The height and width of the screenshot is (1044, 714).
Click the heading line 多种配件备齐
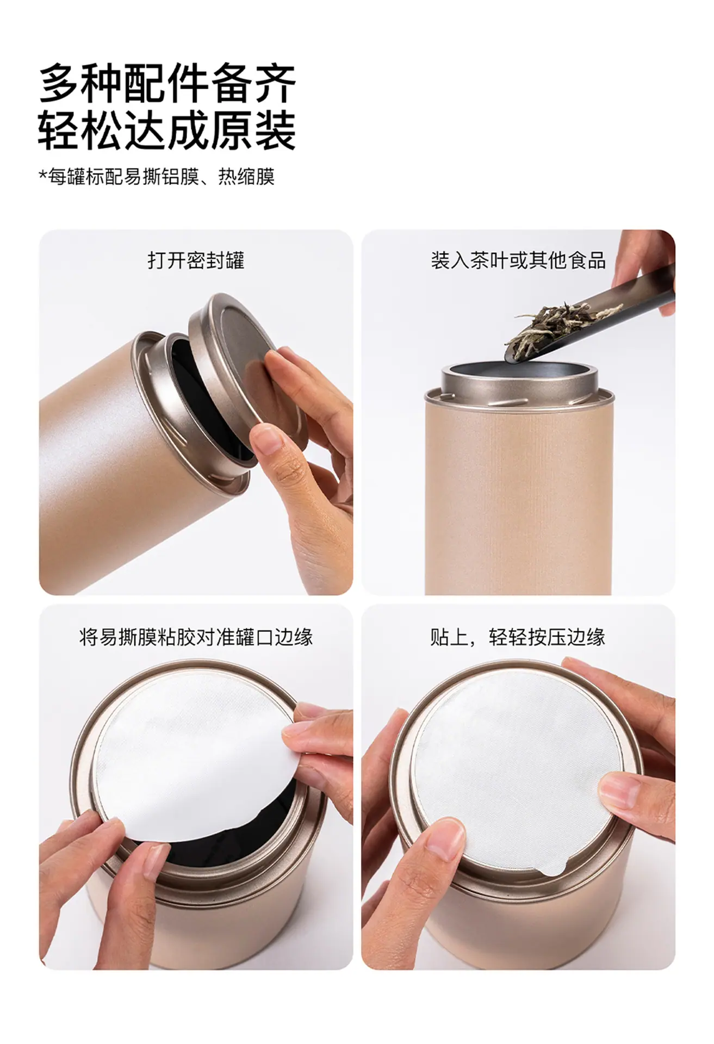click(x=167, y=83)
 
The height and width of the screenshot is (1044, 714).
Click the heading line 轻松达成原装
click(x=167, y=130)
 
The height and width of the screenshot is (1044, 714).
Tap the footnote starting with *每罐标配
click(x=157, y=177)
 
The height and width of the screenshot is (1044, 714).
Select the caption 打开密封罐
click(x=196, y=260)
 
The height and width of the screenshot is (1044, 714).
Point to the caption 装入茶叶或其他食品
click(x=518, y=260)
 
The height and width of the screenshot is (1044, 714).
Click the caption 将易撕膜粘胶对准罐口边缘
click(x=196, y=637)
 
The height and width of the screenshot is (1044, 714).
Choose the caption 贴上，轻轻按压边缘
click(x=518, y=637)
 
